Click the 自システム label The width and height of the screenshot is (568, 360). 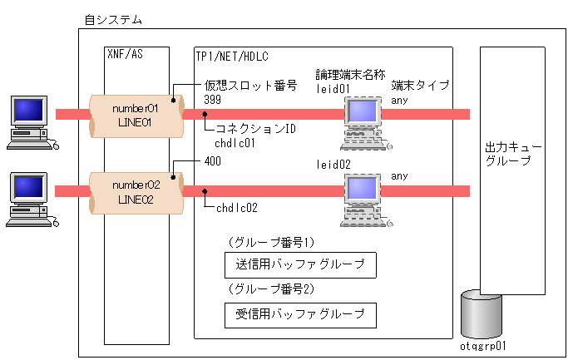113,20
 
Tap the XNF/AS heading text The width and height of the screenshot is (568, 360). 125,54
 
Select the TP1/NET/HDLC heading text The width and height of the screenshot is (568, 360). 232,57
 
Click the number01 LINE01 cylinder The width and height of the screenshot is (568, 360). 136,116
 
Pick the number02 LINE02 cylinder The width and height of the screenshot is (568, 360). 136,193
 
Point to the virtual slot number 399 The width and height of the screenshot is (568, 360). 212,100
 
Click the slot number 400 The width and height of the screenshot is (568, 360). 213,161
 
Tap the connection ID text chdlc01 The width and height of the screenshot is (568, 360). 235,144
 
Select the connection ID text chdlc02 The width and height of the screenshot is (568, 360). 236,208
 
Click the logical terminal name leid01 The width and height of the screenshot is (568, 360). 333,89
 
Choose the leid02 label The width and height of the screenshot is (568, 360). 333,165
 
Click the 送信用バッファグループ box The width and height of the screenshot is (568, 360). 300,265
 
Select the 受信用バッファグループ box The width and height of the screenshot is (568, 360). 300,315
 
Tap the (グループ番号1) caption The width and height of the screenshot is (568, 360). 271,242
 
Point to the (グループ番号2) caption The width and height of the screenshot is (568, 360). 271,288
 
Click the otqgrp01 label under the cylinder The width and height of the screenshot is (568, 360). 482,346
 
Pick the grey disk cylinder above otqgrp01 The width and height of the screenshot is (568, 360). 482,314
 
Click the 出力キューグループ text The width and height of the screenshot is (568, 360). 512,154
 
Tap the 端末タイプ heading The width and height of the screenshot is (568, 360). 420,86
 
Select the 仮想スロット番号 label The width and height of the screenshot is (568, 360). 250,86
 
